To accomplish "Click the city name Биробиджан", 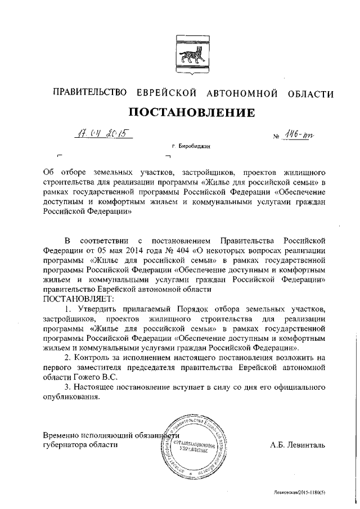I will pos(194,146).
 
